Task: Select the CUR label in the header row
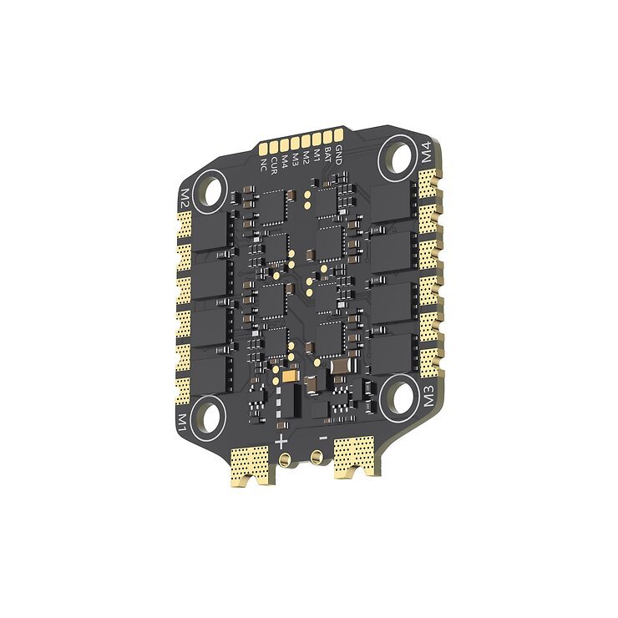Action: (275, 160)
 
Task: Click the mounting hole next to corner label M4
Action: (398, 157)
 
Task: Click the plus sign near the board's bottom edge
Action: (281, 440)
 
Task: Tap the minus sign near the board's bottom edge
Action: (322, 436)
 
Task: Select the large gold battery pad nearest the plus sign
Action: (252, 464)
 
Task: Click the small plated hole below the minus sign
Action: (317, 456)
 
